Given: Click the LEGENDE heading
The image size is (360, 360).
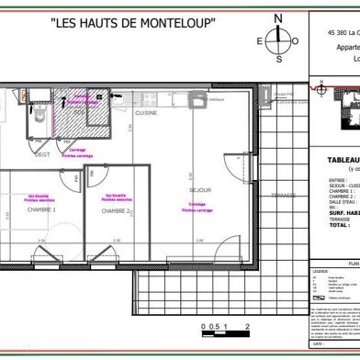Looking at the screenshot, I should [321, 271].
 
